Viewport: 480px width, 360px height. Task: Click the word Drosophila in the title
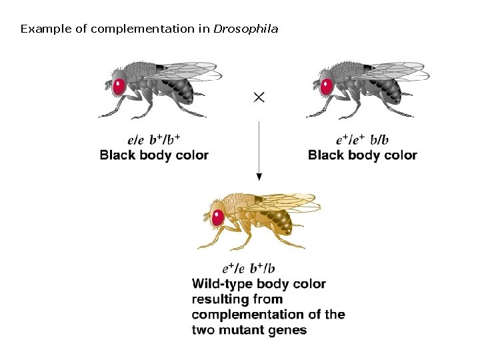pos(245,29)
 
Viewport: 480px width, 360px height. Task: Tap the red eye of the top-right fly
pos(327,86)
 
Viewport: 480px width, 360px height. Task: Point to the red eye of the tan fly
pos(217,217)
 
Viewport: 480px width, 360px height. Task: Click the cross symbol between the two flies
pos(259,97)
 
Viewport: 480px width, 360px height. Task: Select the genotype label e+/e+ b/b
pos(363,141)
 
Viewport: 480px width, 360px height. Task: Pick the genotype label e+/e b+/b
pos(249,269)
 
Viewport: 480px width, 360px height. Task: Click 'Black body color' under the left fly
pos(154,155)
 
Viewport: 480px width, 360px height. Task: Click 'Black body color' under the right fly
pos(363,155)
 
